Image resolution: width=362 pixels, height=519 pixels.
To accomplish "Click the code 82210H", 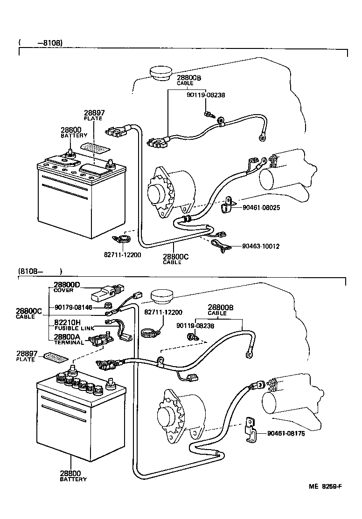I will [x=67, y=322].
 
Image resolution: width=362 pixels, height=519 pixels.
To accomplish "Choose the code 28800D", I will [x=67, y=285].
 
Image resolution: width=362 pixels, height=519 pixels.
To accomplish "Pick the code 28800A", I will [x=67, y=336].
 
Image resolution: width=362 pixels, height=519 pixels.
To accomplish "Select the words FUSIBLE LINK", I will [x=74, y=328].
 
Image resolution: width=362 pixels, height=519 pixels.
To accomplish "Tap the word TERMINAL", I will [x=69, y=342].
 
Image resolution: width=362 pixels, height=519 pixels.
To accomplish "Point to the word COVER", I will [x=63, y=290].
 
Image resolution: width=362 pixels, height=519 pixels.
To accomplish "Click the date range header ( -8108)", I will [x=41, y=43].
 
